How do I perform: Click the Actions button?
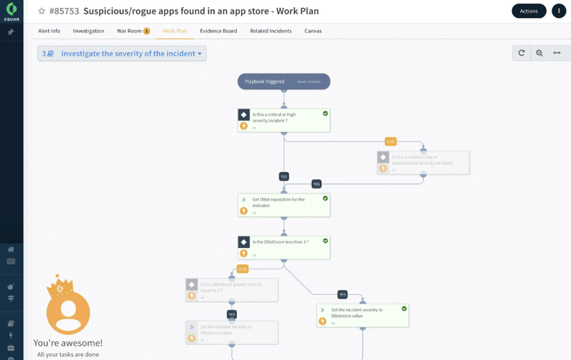tap(529, 11)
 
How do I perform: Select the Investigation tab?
tap(89, 31)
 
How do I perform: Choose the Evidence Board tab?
tap(218, 31)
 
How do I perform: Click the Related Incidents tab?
tap(271, 31)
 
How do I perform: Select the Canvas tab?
tap(313, 31)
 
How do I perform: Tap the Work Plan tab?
tap(175, 31)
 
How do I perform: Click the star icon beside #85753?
tap(41, 11)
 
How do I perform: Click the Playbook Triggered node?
tap(283, 81)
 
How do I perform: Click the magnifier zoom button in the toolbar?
tap(539, 53)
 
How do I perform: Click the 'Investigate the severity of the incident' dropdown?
tap(122, 54)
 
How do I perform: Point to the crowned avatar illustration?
tap(68, 307)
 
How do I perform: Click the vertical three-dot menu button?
tap(559, 11)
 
